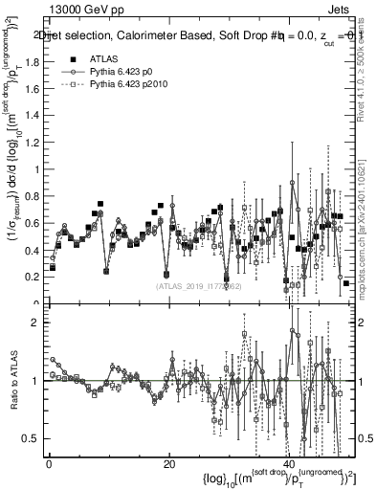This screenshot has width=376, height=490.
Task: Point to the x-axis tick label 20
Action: tap(168, 464)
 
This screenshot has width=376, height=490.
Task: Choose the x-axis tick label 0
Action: tap(48, 464)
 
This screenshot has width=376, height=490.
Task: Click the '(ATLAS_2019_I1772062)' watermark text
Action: tap(198, 284)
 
